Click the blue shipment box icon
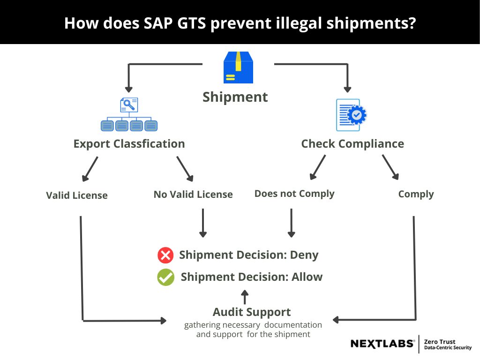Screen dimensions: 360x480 pyautogui.click(x=238, y=67)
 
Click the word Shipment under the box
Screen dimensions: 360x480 pyautogui.click(x=235, y=97)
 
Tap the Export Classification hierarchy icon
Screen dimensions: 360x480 pyautogui.click(x=129, y=114)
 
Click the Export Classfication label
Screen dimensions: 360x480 pyautogui.click(x=129, y=144)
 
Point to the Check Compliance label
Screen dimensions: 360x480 pyautogui.click(x=352, y=144)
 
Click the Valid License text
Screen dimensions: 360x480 pyautogui.click(x=77, y=195)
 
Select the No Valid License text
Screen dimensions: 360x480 pyautogui.click(x=193, y=195)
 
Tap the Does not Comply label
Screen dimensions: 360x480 pyautogui.click(x=294, y=194)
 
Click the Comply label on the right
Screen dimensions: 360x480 pyautogui.click(x=416, y=194)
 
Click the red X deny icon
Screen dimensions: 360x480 pyautogui.click(x=165, y=255)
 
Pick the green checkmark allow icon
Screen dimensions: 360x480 pyautogui.click(x=165, y=277)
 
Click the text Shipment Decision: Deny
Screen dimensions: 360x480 pyautogui.click(x=248, y=255)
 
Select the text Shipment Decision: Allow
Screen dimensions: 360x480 pyautogui.click(x=252, y=277)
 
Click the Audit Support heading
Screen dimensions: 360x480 pyautogui.click(x=252, y=312)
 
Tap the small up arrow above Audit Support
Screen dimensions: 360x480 pyautogui.click(x=244, y=297)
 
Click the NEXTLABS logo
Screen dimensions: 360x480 pyautogui.click(x=382, y=344)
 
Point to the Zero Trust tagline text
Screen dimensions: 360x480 pyautogui.click(x=448, y=345)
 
